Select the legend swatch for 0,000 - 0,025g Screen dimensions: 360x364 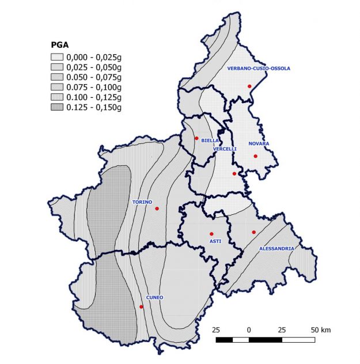pos(57,57)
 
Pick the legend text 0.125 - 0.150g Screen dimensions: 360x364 pos(94,107)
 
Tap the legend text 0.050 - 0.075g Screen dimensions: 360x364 pos(94,77)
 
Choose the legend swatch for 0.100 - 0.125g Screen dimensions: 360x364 pos(57,97)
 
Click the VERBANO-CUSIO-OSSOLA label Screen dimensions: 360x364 pos(258,68)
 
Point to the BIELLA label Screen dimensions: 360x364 pos(210,140)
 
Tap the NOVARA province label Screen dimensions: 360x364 pos(259,143)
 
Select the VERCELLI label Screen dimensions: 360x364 pos(225,149)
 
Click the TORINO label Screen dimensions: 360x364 pos(142,202)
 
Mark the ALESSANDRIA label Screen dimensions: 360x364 pos(277,248)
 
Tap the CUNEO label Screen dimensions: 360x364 pos(154,297)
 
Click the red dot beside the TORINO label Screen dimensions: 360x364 pos(157,208)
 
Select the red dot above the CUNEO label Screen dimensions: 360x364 pos(141,307)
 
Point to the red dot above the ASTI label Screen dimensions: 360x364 pos(211,234)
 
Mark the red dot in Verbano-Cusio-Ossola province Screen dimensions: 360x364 pos(249,86)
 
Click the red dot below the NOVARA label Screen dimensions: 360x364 pos(255,156)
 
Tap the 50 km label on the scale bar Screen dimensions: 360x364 pos(320,330)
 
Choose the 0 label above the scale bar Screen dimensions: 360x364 pos(249,330)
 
